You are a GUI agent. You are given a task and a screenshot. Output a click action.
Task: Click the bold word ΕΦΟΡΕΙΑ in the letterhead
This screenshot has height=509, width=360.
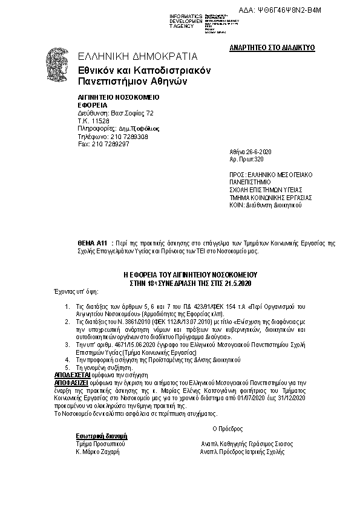93,105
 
